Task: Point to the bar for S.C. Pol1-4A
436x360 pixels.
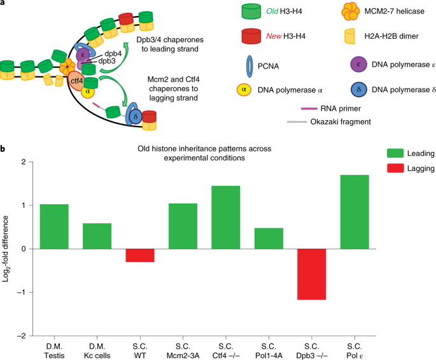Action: (269, 238)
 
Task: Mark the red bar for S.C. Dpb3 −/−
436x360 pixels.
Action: (311, 274)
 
